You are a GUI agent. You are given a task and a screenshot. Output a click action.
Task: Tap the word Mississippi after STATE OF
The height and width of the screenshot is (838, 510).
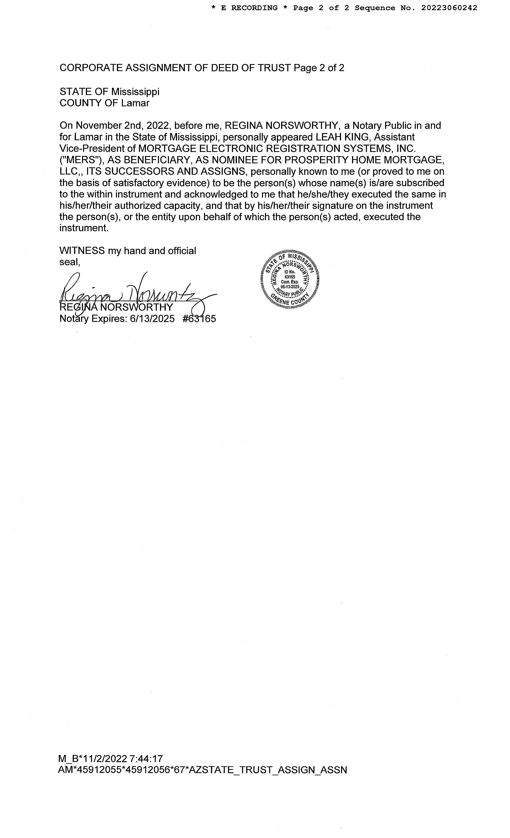pos(135,92)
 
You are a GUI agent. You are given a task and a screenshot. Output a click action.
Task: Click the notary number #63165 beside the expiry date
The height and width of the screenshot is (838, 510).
pos(199,319)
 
